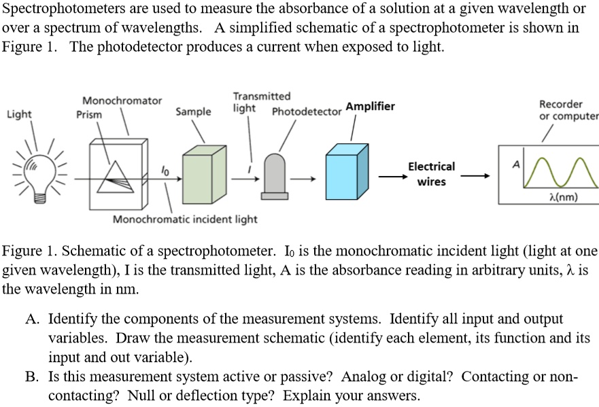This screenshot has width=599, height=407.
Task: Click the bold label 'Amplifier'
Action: pos(370,107)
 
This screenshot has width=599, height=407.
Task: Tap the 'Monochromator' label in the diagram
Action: pos(122,101)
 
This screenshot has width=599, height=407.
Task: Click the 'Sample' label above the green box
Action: pos(193,111)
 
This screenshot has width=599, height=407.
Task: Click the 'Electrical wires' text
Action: pos(431,174)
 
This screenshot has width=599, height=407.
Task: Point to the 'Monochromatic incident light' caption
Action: pos(185,219)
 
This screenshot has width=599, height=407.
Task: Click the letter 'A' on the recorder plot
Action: pos(515,164)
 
